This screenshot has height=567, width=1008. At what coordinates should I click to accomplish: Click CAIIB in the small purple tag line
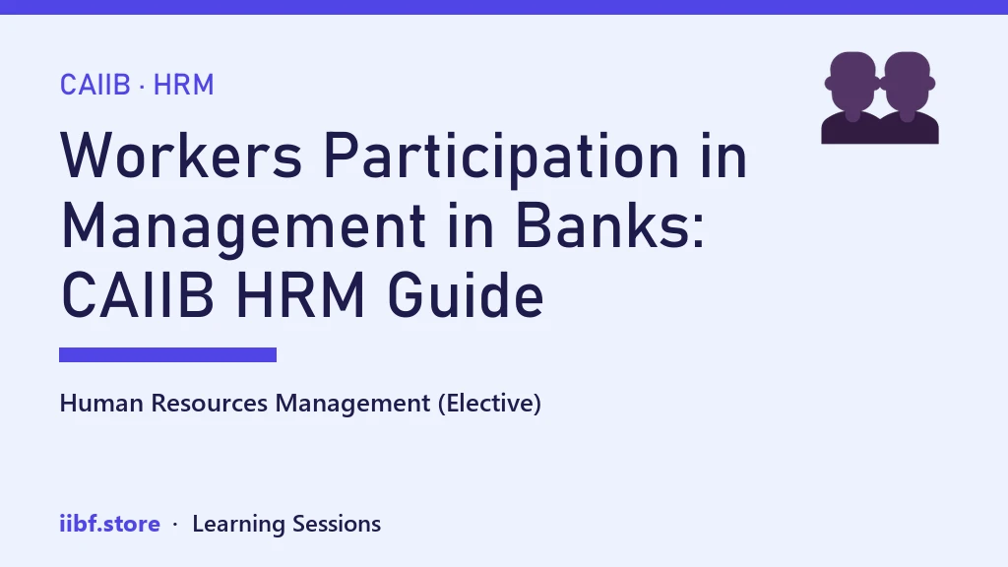pos(95,85)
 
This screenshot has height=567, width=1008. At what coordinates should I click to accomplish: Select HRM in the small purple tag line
pos(183,85)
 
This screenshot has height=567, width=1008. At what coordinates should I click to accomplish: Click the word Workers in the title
pos(181,156)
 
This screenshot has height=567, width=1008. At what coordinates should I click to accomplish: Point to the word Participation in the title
pos(501,158)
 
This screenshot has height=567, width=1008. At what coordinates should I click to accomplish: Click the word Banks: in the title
pos(610,225)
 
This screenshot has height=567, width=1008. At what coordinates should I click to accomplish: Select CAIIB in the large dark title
pos(137,295)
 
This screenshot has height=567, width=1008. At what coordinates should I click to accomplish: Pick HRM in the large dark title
pos(301,295)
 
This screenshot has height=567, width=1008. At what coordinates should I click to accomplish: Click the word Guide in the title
pos(466,295)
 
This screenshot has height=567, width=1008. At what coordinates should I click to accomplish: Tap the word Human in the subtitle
pos(101,403)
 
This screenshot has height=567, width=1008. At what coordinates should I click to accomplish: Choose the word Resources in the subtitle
pos(209,403)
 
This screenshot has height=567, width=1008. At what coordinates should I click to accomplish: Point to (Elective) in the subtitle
pos(490,404)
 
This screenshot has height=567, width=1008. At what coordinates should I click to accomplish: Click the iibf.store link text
pos(110,524)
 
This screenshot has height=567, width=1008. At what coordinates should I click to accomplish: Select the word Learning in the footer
pos(238,525)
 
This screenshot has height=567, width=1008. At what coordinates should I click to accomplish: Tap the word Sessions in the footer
pos(337,524)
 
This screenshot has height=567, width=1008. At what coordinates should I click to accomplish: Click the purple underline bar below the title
pos(167,354)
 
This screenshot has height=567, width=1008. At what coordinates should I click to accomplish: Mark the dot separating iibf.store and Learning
pos(175,525)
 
